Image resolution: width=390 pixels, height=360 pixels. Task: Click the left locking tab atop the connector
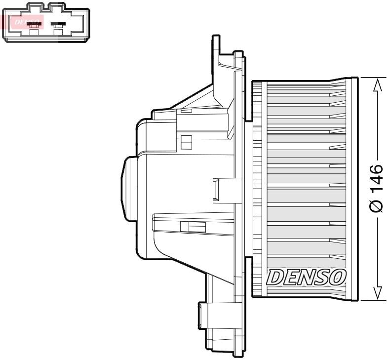click(34, 6)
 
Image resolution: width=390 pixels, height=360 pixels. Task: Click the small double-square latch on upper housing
click(186, 142)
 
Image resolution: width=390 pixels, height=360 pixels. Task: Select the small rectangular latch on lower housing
click(193, 227)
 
